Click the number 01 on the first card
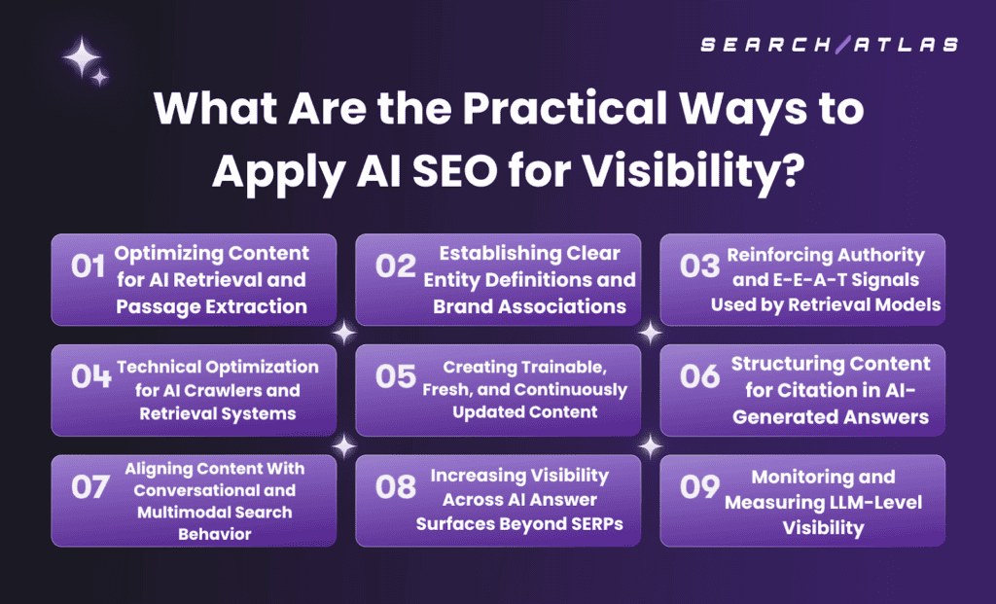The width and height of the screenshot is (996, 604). point(89,266)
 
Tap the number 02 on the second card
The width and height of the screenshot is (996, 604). point(395,266)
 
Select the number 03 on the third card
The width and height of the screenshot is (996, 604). point(700,266)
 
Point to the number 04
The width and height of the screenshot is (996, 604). point(91,376)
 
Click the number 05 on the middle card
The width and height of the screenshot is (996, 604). point(395,376)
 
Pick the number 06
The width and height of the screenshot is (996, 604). point(700,376)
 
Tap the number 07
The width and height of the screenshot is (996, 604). point(90,487)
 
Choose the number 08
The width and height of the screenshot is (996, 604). point(395,487)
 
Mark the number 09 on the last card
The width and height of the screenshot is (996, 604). point(700,487)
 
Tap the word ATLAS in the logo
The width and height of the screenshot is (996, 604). point(907,45)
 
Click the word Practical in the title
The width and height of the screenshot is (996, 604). point(565,109)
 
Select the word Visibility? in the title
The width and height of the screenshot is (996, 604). point(694,170)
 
